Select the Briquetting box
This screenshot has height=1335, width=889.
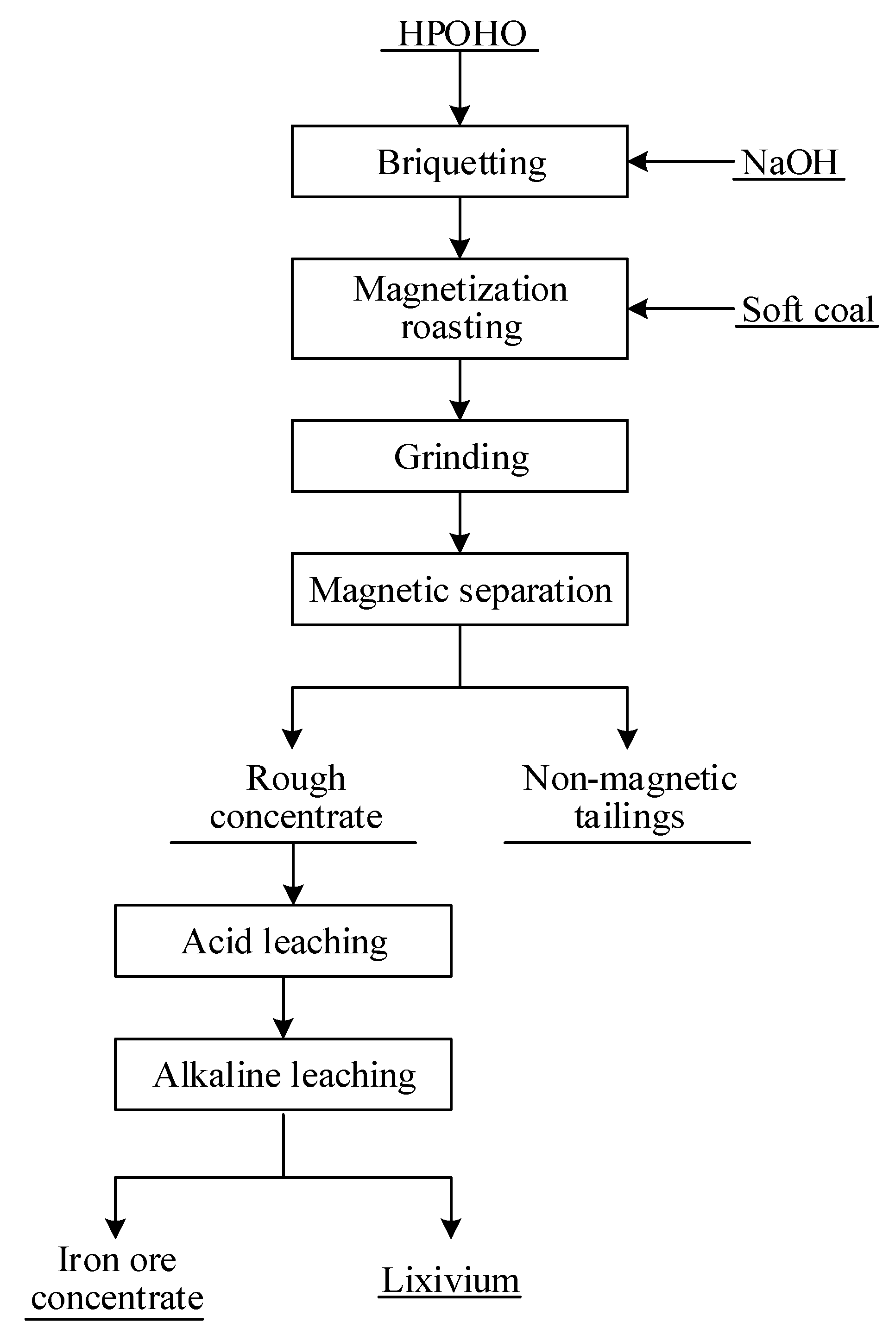(459, 162)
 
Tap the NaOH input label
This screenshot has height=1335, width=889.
(789, 163)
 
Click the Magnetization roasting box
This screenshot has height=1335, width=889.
(459, 309)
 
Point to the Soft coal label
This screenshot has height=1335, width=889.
(808, 310)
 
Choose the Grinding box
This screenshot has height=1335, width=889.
(459, 456)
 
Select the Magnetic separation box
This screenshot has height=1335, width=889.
(459, 590)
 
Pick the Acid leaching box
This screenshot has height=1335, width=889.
(283, 941)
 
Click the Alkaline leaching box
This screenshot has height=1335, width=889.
(283, 1074)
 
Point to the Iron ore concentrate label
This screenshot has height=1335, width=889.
(117, 1278)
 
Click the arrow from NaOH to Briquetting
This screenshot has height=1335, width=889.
(681, 162)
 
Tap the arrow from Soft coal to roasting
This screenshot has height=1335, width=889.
(681, 309)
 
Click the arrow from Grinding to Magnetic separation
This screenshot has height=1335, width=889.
(460, 522)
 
